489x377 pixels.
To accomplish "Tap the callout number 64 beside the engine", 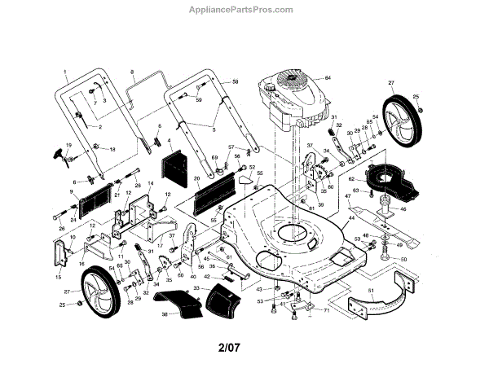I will tap(328, 77).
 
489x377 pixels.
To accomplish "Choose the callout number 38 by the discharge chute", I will tap(164, 313).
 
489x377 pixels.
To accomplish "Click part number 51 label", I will tap(371, 290).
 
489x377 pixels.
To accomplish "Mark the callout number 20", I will tap(196, 178).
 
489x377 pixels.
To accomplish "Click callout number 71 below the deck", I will tap(327, 309).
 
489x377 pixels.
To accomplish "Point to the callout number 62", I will tap(351, 178).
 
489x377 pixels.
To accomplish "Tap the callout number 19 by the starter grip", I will tap(69, 144).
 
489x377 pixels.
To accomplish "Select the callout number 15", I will tap(58, 277).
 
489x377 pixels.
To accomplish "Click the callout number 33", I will tap(195, 289).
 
